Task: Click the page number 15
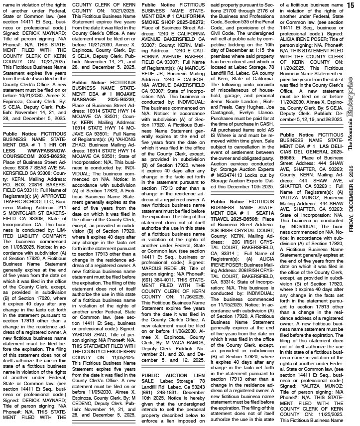(x=351, y=4)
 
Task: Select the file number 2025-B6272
(x=186, y=22)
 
